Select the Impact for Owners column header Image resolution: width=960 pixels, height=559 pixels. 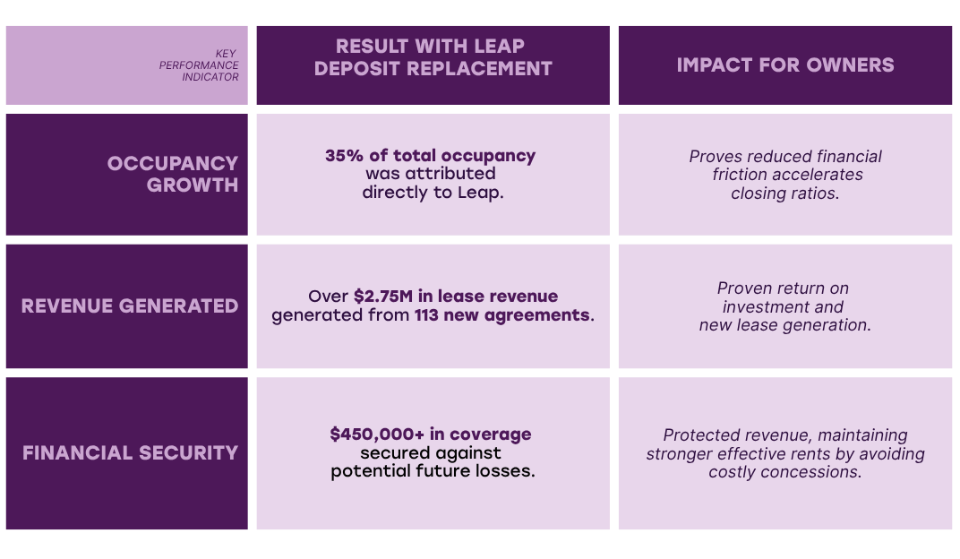tap(784, 65)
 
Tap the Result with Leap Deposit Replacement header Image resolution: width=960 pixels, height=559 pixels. tap(433, 57)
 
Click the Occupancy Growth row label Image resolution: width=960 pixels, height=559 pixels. tap(172, 174)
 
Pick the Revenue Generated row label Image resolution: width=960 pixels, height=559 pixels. tap(130, 306)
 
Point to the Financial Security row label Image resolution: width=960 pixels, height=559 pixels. tap(130, 453)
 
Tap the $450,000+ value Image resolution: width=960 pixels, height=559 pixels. tap(377, 434)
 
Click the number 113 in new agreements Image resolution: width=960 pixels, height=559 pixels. tap(429, 315)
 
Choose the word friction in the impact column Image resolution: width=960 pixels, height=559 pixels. tap(740, 175)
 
